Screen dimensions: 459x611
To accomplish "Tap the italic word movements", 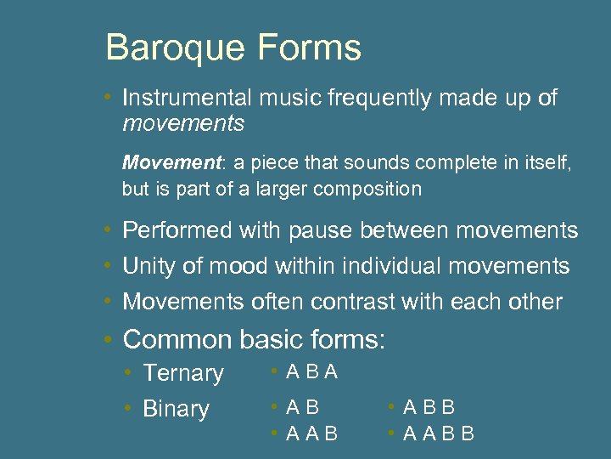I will click(183, 124).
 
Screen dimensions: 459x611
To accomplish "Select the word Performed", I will click(177, 230).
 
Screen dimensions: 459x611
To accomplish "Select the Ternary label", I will click(183, 373).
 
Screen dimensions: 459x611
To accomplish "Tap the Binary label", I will click(176, 409).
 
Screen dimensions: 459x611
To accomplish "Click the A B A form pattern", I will click(312, 371).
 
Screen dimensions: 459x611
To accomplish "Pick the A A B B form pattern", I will click(439, 434).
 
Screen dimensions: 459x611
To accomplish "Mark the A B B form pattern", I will click(429, 408).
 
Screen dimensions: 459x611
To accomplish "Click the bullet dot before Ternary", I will click(126, 373).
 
